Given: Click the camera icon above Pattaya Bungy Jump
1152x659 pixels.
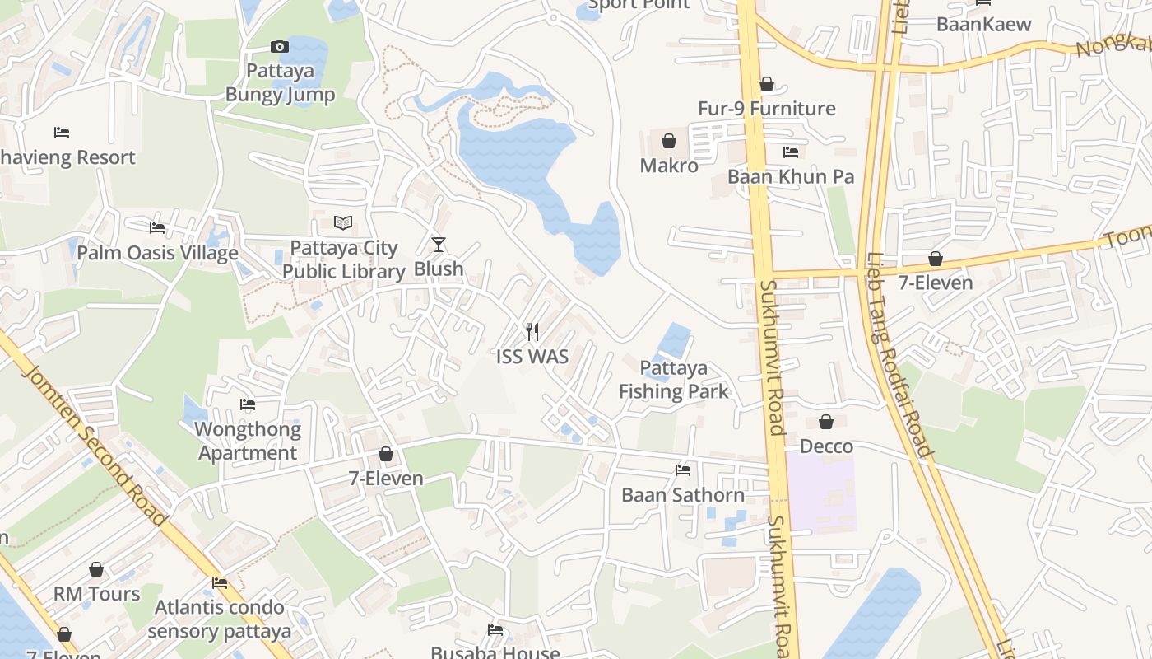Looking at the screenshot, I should pos(280,46).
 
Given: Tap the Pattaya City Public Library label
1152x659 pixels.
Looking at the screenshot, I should pos(344,259).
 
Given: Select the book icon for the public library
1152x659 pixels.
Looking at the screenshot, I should pos(343,222).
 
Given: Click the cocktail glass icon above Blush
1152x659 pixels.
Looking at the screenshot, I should pos(439,244).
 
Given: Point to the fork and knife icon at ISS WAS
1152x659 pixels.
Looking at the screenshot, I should pos(532,331).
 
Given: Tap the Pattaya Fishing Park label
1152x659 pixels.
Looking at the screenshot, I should pos(674,380).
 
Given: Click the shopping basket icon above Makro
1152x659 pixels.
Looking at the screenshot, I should pos(669,141).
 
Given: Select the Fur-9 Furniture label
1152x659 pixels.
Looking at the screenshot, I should pos(766,109).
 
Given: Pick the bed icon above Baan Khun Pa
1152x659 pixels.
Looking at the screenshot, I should pos(791,152).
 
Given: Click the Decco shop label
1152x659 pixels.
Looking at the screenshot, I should pos(827,446).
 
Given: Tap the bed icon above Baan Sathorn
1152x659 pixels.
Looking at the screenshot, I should pos(683,470).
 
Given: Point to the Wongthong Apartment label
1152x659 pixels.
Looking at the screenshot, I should pos(248,441).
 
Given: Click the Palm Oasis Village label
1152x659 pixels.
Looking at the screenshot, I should pos(157,253).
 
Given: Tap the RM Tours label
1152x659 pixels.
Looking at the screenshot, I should pos(97,594).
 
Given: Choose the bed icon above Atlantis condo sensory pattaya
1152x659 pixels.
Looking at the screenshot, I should pos(220,582).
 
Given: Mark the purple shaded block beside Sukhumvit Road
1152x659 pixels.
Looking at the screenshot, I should pos(820,493).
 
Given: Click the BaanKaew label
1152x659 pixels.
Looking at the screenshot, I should pos(983,24).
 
